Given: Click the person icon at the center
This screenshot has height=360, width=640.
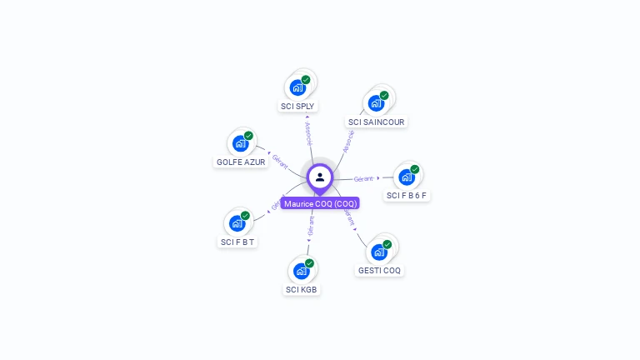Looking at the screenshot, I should [320, 177].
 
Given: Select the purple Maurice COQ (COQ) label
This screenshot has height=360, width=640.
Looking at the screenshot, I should [320, 203].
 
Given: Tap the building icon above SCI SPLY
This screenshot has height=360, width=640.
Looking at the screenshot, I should [298, 87].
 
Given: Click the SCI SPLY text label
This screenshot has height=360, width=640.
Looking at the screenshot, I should [297, 107].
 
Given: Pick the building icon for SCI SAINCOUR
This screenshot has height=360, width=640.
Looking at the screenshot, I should [376, 102].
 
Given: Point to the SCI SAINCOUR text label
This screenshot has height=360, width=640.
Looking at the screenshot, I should [377, 122].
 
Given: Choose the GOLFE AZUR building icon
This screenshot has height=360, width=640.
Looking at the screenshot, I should [241, 142].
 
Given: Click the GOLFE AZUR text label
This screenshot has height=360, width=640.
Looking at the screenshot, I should [241, 162].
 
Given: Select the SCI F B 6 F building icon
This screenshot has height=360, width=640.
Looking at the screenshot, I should [407, 177].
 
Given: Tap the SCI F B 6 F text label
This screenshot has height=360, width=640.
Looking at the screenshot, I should [407, 196].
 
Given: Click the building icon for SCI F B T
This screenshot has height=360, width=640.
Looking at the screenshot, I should [237, 222].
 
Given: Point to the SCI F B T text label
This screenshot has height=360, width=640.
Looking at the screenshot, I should [237, 242].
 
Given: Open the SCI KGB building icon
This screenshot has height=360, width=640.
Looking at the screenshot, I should [302, 271].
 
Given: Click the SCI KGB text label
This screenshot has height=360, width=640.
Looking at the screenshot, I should [302, 290].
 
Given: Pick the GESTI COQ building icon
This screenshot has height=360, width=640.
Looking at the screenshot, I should [379, 252].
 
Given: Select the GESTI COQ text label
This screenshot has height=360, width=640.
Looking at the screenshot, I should [380, 271].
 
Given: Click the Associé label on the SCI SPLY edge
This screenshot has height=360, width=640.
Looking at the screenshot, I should [307, 133].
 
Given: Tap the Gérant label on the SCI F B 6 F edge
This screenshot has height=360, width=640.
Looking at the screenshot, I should [363, 178].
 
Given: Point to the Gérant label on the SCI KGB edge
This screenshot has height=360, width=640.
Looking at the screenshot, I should [312, 227].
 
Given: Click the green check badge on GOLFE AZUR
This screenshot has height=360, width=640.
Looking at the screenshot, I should [248, 136].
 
